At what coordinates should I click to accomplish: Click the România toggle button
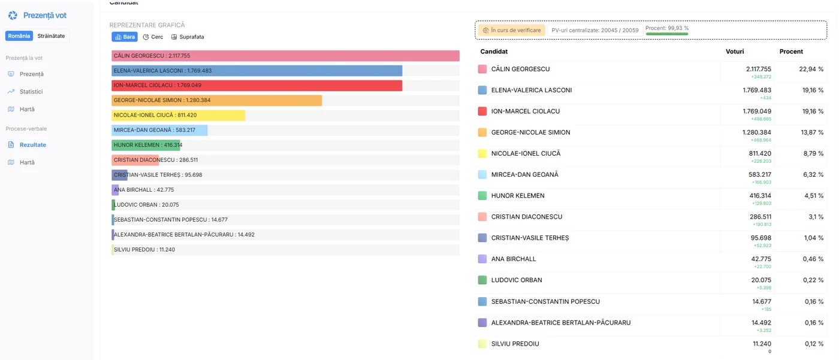coord(19,36)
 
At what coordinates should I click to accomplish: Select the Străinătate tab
coord(51,36)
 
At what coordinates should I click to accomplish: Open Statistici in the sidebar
coord(31,91)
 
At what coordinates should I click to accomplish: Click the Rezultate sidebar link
coord(32,145)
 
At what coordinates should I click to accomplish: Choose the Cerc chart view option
coord(153,37)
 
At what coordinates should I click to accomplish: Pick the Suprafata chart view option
coord(188,37)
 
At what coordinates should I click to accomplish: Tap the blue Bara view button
coord(125,37)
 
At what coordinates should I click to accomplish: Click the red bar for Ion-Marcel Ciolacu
coord(257,85)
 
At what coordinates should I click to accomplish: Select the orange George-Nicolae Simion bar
coord(216,100)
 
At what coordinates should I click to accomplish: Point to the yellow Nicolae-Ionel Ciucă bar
coord(179,115)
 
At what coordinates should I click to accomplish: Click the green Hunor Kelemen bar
coord(146,145)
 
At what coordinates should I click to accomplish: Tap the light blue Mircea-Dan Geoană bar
coord(159,130)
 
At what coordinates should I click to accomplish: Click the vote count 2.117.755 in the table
coord(759,69)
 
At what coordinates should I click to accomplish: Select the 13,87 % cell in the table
coord(812,132)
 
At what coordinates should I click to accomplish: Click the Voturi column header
coord(735,52)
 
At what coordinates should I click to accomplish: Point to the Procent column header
coord(791,52)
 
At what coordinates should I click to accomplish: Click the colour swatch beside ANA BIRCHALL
coord(482,259)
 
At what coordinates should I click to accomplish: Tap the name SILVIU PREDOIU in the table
coord(515,344)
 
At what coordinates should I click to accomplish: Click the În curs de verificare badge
coord(512,31)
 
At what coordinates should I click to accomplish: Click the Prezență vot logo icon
coord(13,16)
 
